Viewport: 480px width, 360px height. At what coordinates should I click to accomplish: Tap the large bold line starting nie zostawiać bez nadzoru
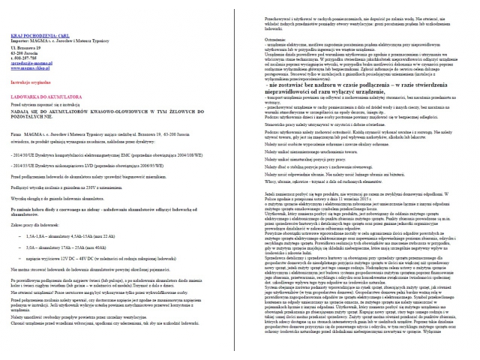[360, 104]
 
